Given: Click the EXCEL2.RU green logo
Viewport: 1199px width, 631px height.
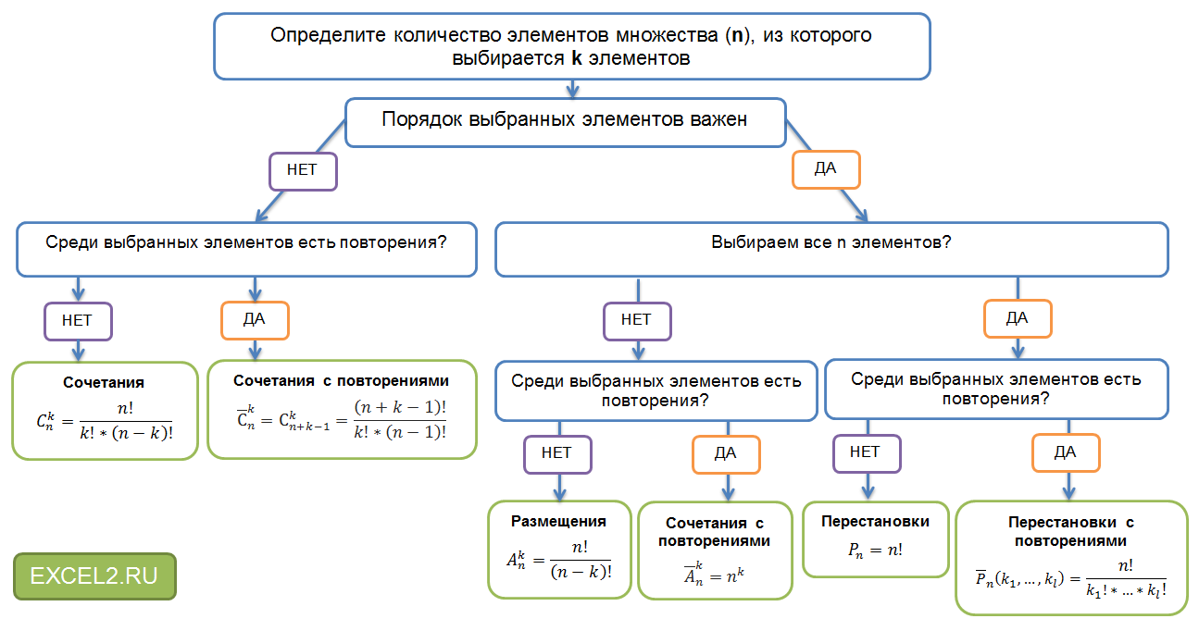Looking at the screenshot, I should pyautogui.click(x=94, y=575).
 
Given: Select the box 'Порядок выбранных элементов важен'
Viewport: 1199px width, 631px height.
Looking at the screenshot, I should pyautogui.click(x=565, y=121).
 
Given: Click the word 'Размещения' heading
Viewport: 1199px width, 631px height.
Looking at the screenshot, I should pyautogui.click(x=558, y=521).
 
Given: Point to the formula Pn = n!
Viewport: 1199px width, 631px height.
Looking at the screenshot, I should pyautogui.click(x=875, y=549).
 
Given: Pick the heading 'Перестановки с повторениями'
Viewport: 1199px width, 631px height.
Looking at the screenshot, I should pyautogui.click(x=1070, y=531).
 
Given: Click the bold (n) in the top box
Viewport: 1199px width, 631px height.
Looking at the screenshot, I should pyautogui.click(x=737, y=36).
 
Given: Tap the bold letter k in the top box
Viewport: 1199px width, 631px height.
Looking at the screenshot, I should pyautogui.click(x=576, y=58).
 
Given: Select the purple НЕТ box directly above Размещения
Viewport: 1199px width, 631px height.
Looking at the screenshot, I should pyautogui.click(x=557, y=453).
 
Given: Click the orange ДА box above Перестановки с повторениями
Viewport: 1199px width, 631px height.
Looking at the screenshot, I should pyautogui.click(x=1066, y=453).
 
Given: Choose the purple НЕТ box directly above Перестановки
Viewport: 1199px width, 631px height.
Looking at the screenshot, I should pyautogui.click(x=865, y=452).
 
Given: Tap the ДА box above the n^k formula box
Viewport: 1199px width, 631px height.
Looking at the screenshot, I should pyautogui.click(x=726, y=453).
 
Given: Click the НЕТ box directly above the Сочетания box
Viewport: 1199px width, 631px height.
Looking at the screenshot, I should pyautogui.click(x=79, y=322).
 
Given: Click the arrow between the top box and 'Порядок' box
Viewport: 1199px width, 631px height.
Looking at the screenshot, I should pyautogui.click(x=572, y=89).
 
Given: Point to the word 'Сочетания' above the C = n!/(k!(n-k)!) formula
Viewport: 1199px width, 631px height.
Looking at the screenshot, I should pyautogui.click(x=104, y=382).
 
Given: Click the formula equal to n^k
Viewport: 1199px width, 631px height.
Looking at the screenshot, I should pyautogui.click(x=714, y=575).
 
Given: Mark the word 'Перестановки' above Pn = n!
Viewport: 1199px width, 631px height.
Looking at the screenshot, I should pyautogui.click(x=875, y=521).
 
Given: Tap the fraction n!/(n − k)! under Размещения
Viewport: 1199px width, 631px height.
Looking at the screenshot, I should pyautogui.click(x=581, y=561).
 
